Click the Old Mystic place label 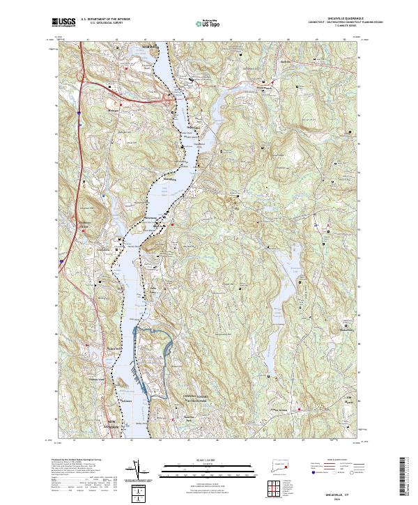[352, 400]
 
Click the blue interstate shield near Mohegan [80, 110]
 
